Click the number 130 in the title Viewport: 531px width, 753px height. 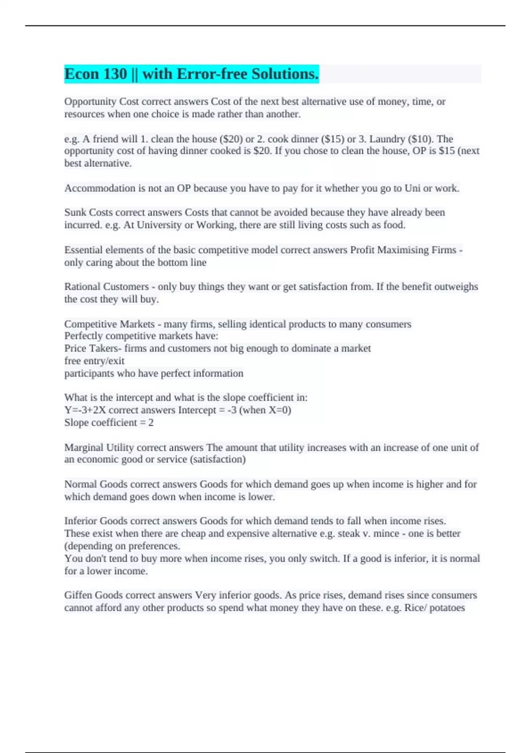[x=115, y=74]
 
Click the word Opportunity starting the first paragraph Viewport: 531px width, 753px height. [x=90, y=101]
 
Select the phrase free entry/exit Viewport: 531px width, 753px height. [x=94, y=361]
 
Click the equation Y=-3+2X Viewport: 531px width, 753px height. [x=85, y=410]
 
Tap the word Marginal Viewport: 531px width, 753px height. [x=84, y=447]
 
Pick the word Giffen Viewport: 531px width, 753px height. [x=78, y=595]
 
